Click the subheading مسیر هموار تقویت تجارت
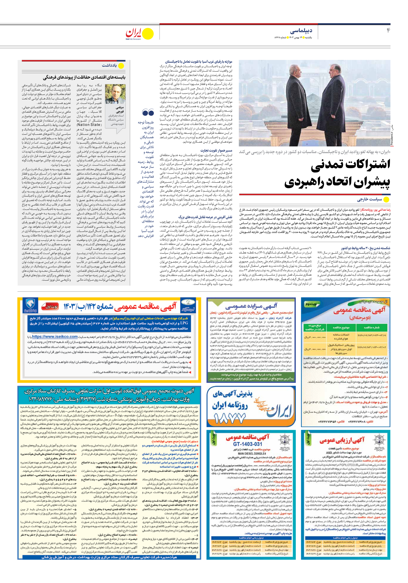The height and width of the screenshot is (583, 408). coord(216,151)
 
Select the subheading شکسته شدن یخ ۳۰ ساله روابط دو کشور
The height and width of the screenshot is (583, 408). coord(366,248)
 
